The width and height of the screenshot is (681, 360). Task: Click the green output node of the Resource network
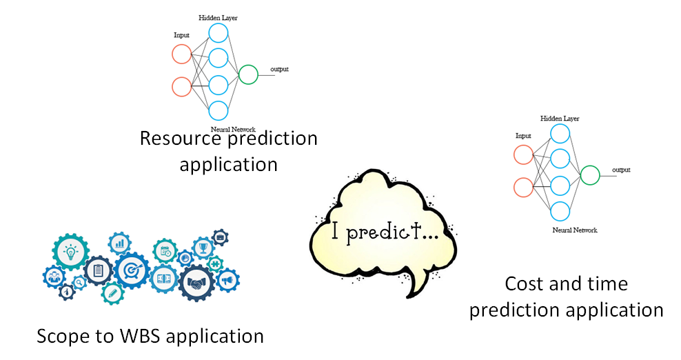(x=247, y=74)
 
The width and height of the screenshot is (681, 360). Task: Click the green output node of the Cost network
(x=589, y=175)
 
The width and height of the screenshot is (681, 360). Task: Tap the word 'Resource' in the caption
(x=172, y=138)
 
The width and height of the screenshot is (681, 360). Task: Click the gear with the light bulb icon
(x=70, y=253)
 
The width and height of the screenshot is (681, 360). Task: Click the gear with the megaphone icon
(x=227, y=280)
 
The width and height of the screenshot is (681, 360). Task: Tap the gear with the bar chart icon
(x=120, y=243)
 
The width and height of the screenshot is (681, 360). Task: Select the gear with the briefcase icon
(x=221, y=237)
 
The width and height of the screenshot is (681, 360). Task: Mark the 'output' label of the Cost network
(x=621, y=170)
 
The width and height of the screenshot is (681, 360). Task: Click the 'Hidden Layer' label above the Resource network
(x=218, y=17)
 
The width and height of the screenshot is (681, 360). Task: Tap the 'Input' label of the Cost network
(x=523, y=135)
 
